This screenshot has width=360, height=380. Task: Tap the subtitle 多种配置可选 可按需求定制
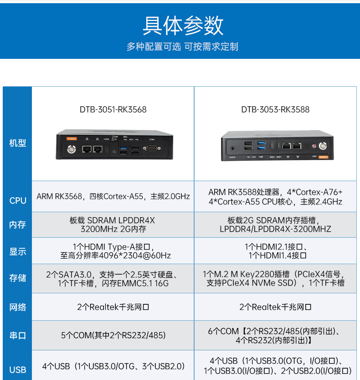click(x=182, y=47)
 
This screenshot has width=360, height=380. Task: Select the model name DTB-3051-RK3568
click(x=113, y=109)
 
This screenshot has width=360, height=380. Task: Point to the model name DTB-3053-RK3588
click(x=275, y=109)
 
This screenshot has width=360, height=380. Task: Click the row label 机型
click(x=17, y=143)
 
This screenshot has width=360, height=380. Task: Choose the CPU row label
click(x=17, y=200)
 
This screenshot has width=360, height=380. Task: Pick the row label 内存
click(x=17, y=225)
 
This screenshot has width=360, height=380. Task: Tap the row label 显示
click(x=17, y=251)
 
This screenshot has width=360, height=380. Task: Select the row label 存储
click(x=17, y=278)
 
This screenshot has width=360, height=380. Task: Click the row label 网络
click(x=17, y=307)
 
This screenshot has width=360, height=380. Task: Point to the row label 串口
click(x=17, y=336)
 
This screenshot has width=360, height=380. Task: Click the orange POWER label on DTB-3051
click(x=72, y=138)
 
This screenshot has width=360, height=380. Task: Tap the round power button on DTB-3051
click(x=72, y=149)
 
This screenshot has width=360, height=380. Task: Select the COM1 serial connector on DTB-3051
click(x=151, y=148)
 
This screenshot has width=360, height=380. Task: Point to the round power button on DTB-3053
click(x=323, y=146)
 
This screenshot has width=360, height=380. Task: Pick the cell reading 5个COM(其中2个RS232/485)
click(x=113, y=336)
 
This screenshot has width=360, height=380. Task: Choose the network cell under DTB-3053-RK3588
click(x=275, y=307)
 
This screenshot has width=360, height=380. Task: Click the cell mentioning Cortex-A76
click(x=275, y=197)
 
